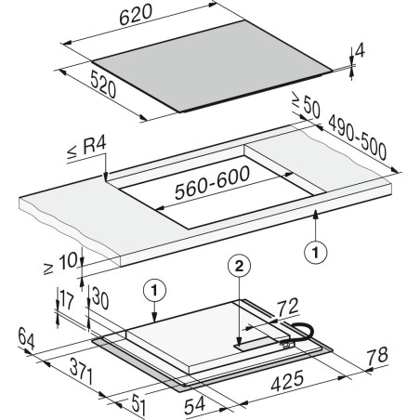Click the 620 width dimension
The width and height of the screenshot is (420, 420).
[x=136, y=14]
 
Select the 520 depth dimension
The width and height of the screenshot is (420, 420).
[x=103, y=85]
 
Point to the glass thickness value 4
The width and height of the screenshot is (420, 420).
[x=360, y=51]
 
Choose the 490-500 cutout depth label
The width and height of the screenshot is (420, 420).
[x=358, y=138]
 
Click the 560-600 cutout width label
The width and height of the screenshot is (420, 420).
[x=212, y=183]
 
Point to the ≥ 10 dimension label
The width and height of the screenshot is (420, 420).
[x=60, y=263]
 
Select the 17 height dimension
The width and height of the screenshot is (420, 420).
[x=67, y=299]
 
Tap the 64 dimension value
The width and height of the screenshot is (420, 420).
[x=26, y=338]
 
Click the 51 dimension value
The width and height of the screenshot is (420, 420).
[x=138, y=404]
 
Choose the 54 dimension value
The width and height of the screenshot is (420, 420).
[x=194, y=406]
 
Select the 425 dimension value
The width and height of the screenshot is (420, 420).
[x=287, y=381]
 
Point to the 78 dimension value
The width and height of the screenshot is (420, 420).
[x=377, y=356]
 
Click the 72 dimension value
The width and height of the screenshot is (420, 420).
[x=287, y=308]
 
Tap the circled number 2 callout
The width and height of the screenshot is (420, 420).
[x=239, y=266]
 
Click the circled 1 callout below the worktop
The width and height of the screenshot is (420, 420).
[x=315, y=253]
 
